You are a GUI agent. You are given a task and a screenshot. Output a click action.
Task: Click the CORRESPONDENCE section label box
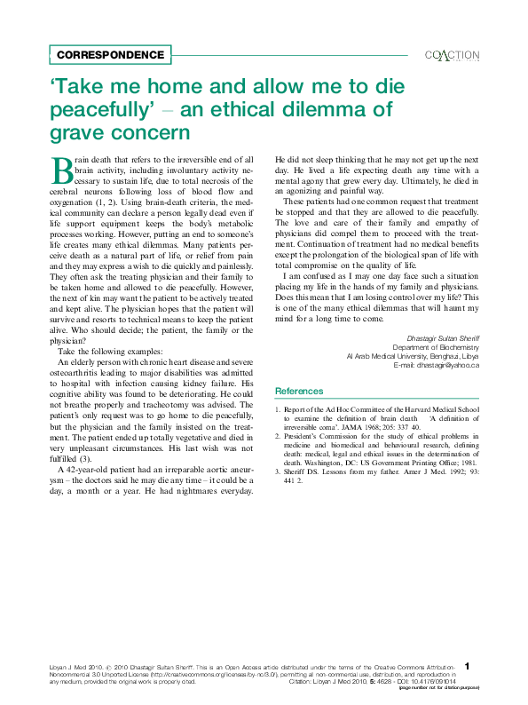coord(110,55)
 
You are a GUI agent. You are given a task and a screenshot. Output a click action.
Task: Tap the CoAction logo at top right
coord(453,55)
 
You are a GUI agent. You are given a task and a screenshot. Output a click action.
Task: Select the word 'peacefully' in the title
coord(103,110)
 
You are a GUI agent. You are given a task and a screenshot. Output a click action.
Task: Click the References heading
coord(299,391)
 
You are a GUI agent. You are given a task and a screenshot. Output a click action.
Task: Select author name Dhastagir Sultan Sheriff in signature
coord(443,338)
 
